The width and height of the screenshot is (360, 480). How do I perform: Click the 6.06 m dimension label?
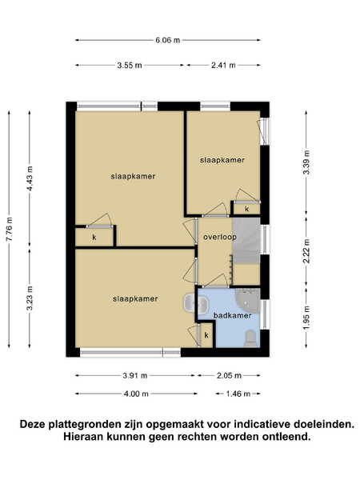[167, 40]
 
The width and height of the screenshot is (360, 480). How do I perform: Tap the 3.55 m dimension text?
[130, 66]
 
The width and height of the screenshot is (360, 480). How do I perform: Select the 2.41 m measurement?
[223, 66]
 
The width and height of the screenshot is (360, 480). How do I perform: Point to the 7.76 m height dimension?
[9, 229]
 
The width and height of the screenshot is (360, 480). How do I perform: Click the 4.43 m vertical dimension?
[30, 178]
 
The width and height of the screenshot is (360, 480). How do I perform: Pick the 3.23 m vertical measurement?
[30, 298]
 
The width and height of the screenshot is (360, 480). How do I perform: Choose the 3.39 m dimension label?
[306, 162]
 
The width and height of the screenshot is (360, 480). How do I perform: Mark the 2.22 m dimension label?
[306, 251]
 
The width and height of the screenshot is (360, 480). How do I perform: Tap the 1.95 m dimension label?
[306, 318]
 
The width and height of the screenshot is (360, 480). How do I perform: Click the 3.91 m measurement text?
[135, 376]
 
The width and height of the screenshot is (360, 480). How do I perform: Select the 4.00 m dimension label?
[136, 394]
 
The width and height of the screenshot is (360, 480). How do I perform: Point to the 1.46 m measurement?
[238, 394]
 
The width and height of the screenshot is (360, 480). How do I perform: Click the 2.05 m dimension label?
[229, 376]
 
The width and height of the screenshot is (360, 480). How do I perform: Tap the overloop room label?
[220, 237]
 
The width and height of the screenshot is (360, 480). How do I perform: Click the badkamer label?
[232, 315]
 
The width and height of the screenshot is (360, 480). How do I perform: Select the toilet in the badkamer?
[251, 338]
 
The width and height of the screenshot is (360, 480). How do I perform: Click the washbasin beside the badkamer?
[192, 304]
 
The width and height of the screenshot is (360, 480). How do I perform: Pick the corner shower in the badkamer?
[249, 299]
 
